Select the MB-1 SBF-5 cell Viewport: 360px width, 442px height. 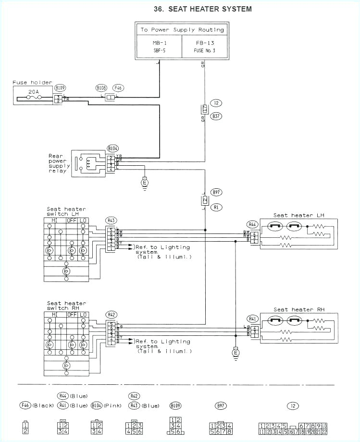tap(159, 47)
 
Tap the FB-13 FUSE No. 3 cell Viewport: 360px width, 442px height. tap(204, 47)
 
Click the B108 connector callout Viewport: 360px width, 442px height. tap(101, 88)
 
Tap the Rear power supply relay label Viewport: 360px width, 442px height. tap(59, 163)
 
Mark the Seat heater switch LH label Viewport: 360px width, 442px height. tap(66, 211)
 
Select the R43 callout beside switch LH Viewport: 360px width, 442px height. tap(112, 221)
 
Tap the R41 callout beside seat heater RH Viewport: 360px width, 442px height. tap(252, 318)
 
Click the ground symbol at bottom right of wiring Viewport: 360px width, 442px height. tap(236, 353)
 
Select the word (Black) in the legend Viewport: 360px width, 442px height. tap(44, 405)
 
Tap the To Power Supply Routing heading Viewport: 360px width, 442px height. tap(182, 30)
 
